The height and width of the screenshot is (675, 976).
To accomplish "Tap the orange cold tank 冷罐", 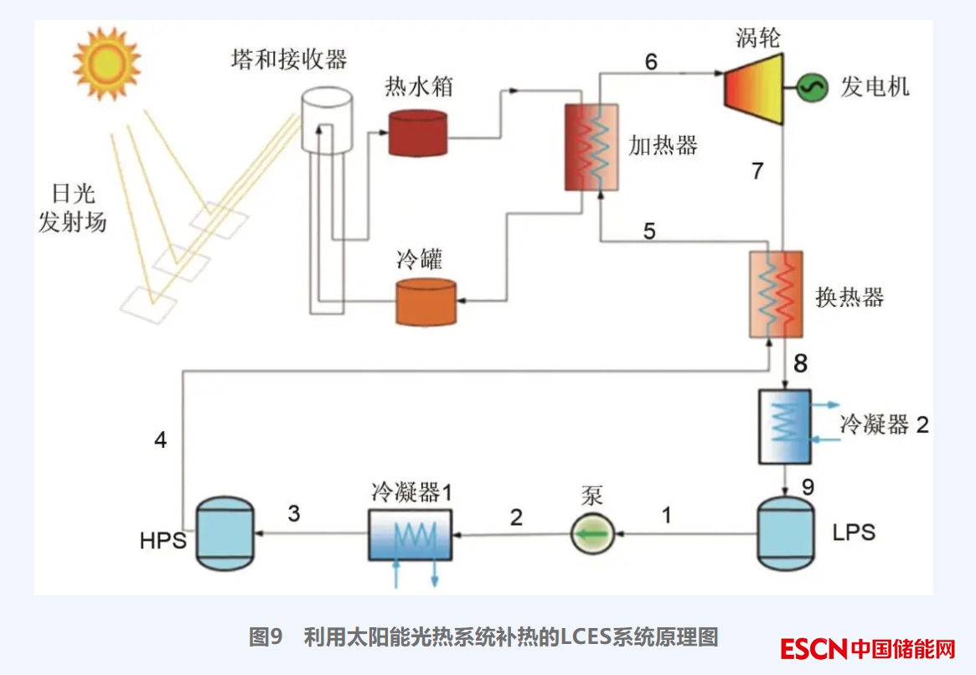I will click(426, 301).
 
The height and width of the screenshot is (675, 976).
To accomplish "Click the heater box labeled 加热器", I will click(591, 147).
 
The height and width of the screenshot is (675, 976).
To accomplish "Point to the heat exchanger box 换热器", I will click(776, 294).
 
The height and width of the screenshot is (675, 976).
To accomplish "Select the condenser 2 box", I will click(785, 426).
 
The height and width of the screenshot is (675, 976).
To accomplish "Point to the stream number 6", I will click(651, 61).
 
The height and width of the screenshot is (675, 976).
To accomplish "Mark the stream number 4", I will click(161, 439).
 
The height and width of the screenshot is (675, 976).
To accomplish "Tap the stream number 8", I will click(801, 363).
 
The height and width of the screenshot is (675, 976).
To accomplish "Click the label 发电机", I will click(875, 87).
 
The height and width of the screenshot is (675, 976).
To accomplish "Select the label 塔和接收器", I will click(288, 60).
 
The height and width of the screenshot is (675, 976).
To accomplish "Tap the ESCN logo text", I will click(813, 648).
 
